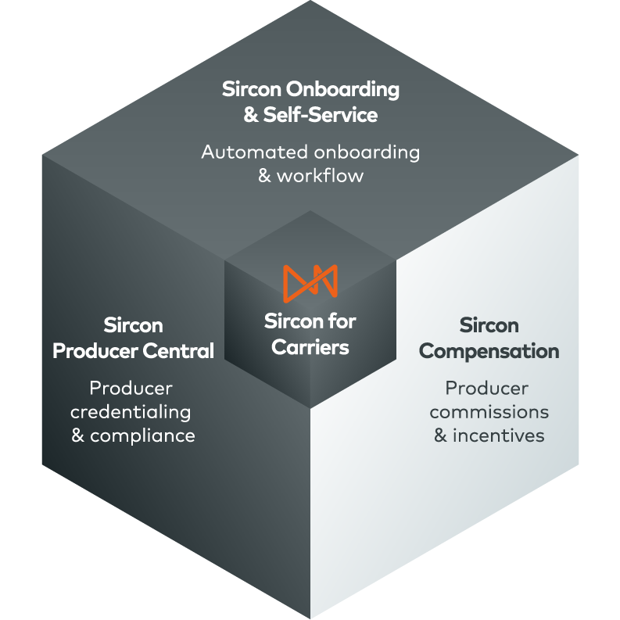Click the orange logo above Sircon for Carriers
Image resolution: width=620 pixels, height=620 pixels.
(310, 282)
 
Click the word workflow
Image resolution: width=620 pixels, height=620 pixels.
(321, 175)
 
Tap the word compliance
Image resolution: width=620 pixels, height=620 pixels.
(142, 435)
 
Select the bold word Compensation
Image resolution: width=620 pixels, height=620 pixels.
(489, 351)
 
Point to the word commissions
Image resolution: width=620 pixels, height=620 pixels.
(489, 412)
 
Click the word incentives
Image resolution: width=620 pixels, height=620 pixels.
(499, 435)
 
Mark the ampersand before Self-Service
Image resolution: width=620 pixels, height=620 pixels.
(251, 116)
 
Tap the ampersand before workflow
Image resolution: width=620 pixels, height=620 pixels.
(265, 175)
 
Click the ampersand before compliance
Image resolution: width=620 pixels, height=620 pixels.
(78, 435)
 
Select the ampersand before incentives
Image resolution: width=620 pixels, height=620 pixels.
(441, 435)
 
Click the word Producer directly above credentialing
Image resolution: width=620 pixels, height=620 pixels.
(131, 388)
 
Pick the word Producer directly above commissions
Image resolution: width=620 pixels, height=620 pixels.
(487, 388)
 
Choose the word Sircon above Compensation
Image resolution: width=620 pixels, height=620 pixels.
(489, 325)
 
